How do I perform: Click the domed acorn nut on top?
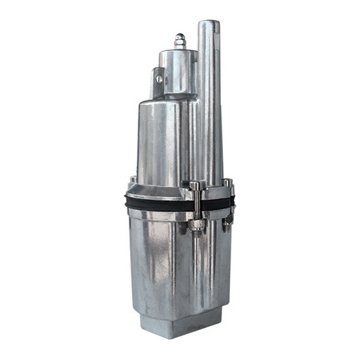(180, 41)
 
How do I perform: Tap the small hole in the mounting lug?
(159, 80)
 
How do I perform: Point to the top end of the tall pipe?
(209, 25)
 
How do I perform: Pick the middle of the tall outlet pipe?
(209, 105)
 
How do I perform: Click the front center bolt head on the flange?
(196, 185)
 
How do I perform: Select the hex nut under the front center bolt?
(196, 225)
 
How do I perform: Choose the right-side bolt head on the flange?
(227, 183)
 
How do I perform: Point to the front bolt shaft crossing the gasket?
(196, 204)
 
